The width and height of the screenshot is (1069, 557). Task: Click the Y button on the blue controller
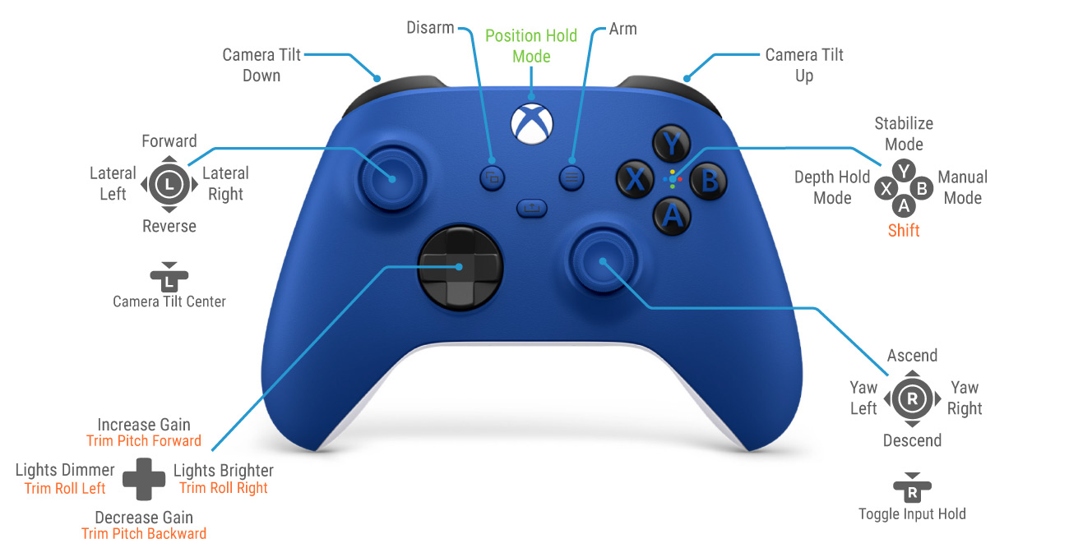pos(671,144)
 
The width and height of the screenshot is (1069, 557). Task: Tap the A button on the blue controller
pos(672,216)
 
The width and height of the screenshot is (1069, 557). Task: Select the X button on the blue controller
pos(635,179)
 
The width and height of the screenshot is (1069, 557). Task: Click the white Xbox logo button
pos(532,123)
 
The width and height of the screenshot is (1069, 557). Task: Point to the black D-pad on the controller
pos(460,268)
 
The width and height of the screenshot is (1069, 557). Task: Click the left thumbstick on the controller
pos(391,179)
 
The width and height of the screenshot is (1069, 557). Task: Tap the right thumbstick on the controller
pos(603,260)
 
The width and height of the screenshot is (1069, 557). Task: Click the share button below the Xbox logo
pos(532,208)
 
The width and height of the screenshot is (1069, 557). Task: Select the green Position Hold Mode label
pos(531,46)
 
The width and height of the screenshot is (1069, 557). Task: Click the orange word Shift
pos(904,230)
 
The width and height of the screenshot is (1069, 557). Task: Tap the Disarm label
pos(430,28)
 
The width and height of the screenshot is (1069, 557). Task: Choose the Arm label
pos(622,29)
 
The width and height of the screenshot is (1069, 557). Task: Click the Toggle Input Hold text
pos(912,513)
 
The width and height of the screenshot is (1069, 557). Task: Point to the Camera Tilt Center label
pos(169,302)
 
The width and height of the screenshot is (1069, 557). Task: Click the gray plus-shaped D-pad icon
pos(144,479)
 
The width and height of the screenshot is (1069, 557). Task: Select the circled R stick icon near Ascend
pos(912,398)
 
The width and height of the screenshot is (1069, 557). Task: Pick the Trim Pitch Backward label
pos(144,533)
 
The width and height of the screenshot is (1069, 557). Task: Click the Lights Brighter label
pos(224,471)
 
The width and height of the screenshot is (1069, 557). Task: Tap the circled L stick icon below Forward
pos(169,184)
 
